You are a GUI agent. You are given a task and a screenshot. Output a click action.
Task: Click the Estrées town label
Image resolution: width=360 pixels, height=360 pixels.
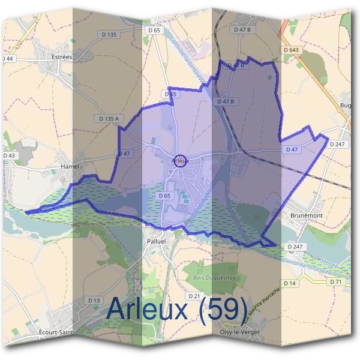click(x=62, y=57)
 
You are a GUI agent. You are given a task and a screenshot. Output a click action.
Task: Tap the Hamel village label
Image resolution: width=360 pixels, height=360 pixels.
click(x=70, y=166)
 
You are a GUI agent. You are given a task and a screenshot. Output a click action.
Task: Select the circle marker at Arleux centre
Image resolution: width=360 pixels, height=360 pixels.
click(x=183, y=160)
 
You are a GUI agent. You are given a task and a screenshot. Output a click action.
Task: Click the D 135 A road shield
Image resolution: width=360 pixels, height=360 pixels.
click(x=109, y=119)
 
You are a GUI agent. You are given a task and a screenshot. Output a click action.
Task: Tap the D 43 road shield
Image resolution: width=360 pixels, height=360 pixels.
click(x=8, y=155)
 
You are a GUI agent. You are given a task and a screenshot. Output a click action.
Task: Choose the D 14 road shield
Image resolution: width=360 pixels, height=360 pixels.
click(x=290, y=282)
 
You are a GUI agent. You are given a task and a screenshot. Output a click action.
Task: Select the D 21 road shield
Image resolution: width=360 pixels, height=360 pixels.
click(x=194, y=296)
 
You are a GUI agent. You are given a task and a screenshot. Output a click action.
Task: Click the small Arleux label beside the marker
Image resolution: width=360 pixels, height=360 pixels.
click(x=179, y=161)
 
